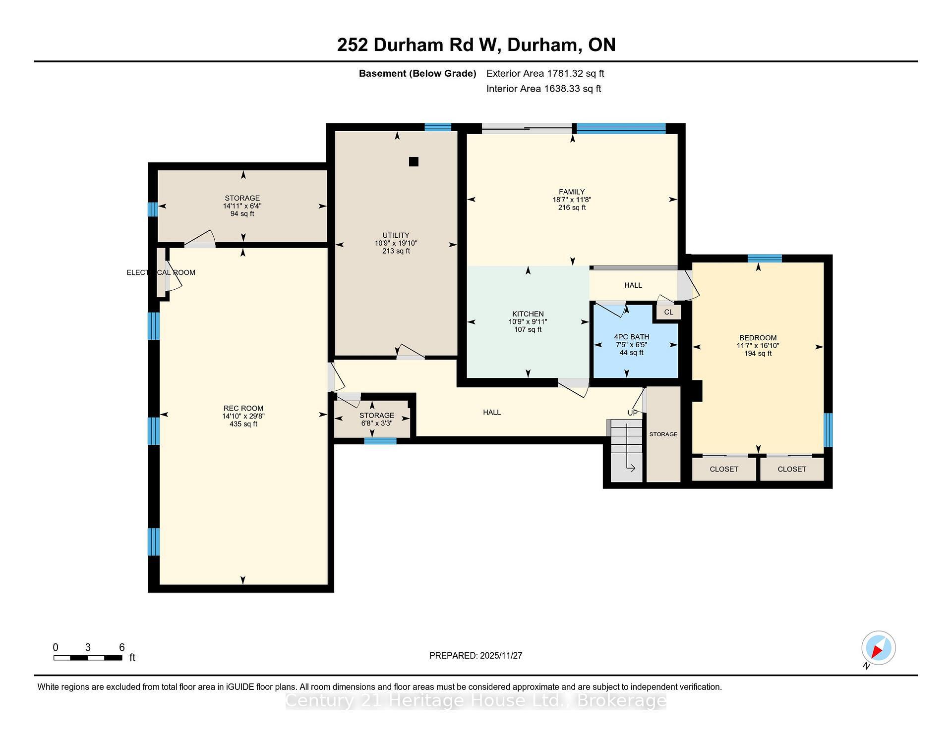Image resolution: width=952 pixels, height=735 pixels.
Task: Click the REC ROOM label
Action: pyautogui.click(x=243, y=409)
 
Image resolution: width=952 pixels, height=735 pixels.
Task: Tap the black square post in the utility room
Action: pyautogui.click(x=414, y=161)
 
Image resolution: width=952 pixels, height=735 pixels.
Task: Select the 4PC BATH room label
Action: pyautogui.click(x=631, y=337)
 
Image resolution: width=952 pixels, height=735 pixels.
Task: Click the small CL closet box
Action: pyautogui.click(x=668, y=312)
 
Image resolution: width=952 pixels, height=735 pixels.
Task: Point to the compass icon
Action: pyautogui.click(x=878, y=648)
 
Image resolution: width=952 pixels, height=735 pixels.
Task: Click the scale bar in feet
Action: pyautogui.click(x=88, y=658)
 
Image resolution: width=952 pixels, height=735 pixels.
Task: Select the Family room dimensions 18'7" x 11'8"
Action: pyautogui.click(x=572, y=200)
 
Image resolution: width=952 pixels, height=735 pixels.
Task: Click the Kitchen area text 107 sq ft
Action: pyautogui.click(x=528, y=329)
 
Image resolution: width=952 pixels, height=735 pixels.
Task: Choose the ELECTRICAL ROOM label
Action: pyautogui.click(x=161, y=272)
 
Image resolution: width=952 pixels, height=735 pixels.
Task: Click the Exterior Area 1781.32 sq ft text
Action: pyautogui.click(x=545, y=73)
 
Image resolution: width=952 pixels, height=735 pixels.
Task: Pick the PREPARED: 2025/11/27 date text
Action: pyautogui.click(x=476, y=655)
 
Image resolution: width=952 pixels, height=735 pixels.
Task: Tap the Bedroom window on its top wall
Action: pyautogui.click(x=764, y=258)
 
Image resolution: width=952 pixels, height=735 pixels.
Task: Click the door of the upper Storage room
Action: pyautogui.click(x=200, y=240)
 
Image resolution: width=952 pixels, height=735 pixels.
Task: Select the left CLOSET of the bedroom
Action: pyautogui.click(x=723, y=469)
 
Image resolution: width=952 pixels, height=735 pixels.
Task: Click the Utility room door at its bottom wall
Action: pyautogui.click(x=411, y=352)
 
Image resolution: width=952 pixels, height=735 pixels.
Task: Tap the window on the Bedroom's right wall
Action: pyautogui.click(x=828, y=430)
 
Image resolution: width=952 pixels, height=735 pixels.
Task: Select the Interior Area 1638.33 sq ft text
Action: pyautogui.click(x=543, y=89)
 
